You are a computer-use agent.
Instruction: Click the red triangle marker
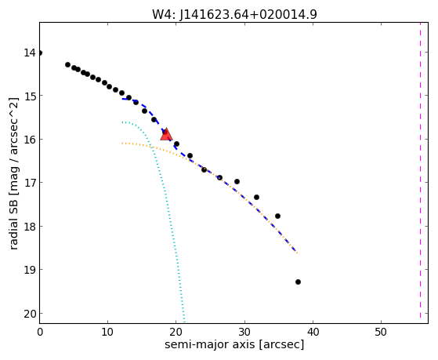click(x=166, y=135)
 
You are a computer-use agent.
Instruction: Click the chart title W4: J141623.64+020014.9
click(x=234, y=14)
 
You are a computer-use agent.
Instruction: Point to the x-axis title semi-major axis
click(x=234, y=344)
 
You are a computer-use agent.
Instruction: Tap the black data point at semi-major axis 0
click(x=40, y=53)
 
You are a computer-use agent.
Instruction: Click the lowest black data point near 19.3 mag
click(x=298, y=282)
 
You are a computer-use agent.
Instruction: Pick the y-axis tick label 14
click(x=30, y=53)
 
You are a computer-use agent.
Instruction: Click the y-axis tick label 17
click(x=30, y=183)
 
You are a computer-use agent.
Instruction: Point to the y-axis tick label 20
click(x=30, y=314)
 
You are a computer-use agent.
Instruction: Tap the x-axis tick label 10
click(x=107, y=333)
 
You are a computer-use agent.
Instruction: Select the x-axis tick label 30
click(x=244, y=333)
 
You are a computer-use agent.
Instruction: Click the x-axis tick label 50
click(x=381, y=333)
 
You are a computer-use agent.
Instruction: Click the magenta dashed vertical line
click(x=420, y=173)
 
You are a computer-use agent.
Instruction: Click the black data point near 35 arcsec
click(x=277, y=216)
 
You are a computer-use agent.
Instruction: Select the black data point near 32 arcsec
click(x=256, y=197)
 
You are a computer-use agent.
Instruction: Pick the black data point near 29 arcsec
click(x=237, y=181)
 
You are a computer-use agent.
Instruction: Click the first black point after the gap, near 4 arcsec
click(x=67, y=64)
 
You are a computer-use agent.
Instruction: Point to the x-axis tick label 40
click(x=313, y=333)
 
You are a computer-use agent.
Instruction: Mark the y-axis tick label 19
click(x=30, y=270)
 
